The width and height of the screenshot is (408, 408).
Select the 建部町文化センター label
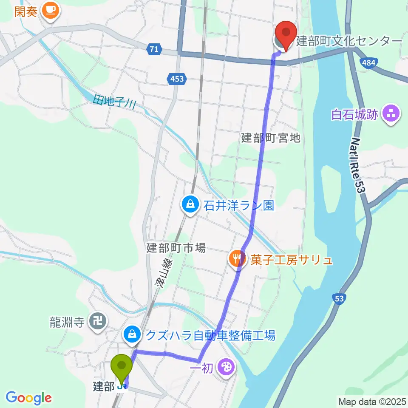348,41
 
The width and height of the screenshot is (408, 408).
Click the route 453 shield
177,79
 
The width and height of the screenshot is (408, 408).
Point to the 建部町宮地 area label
271,138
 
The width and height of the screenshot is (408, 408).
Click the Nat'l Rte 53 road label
358,166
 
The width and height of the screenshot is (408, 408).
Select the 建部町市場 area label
176,247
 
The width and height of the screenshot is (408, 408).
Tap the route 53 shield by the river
339,298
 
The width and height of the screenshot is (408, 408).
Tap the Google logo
28,398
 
